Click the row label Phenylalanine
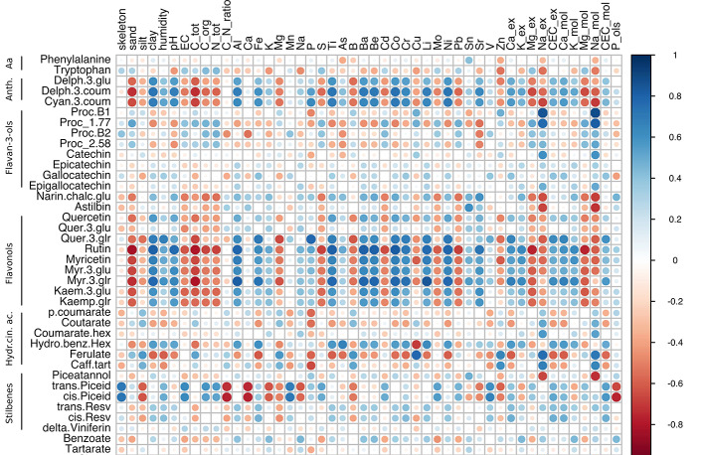click(76, 61)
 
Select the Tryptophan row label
click(83, 72)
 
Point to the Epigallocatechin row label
click(70, 186)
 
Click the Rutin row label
click(95, 249)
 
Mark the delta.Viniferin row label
click(78, 428)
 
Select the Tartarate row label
click(84, 449)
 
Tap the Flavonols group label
click(9, 262)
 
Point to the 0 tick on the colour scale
click(675, 260)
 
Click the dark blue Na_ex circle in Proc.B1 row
click(542, 113)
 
